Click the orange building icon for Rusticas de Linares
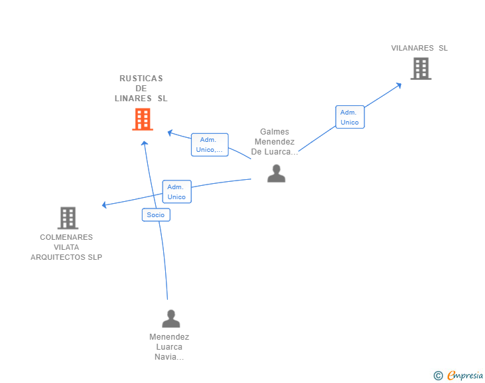click(143, 119)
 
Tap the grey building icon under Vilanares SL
click(421, 69)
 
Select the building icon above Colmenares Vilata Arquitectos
click(68, 218)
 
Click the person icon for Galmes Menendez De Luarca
click(276, 174)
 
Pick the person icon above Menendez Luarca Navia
click(171, 318)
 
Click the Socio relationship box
click(156, 215)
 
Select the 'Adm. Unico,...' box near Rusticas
click(210, 145)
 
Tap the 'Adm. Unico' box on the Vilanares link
click(350, 117)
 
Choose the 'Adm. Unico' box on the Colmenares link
click(177, 192)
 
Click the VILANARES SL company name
click(420, 48)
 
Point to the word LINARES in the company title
click(133, 99)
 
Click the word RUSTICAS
click(141, 79)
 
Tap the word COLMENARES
click(66, 237)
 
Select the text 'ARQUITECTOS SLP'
click(66, 257)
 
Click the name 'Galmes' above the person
click(274, 132)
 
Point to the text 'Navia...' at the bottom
click(169, 357)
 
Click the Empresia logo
click(465, 375)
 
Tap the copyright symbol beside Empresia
click(438, 376)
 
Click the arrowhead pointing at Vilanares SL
click(399, 85)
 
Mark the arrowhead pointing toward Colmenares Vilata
click(104, 204)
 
